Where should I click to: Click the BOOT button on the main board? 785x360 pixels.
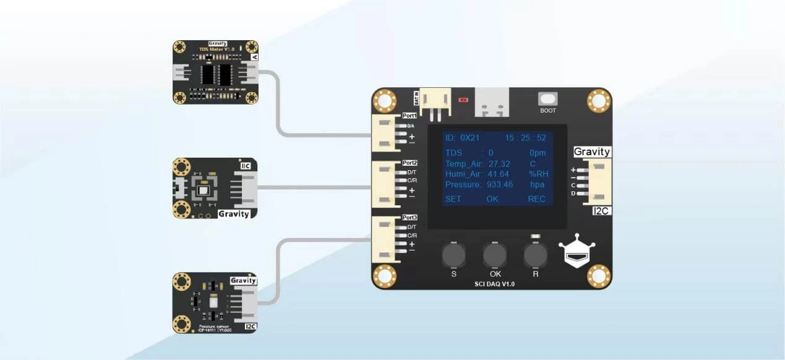tap(547, 99)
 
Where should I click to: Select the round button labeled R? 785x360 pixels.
tap(535, 254)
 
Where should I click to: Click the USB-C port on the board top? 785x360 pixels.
tap(492, 103)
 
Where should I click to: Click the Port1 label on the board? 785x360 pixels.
tap(410, 116)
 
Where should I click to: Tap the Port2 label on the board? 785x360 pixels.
tap(410, 163)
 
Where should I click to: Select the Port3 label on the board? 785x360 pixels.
tap(410, 218)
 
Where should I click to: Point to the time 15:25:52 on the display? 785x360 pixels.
tap(525, 137)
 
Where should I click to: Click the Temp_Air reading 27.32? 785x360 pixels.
tap(499, 163)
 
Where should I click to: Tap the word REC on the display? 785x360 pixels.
tap(536, 199)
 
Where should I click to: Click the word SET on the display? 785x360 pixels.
tap(453, 199)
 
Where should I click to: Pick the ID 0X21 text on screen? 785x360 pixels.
tap(461, 137)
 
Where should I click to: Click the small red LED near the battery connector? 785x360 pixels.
tap(463, 99)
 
